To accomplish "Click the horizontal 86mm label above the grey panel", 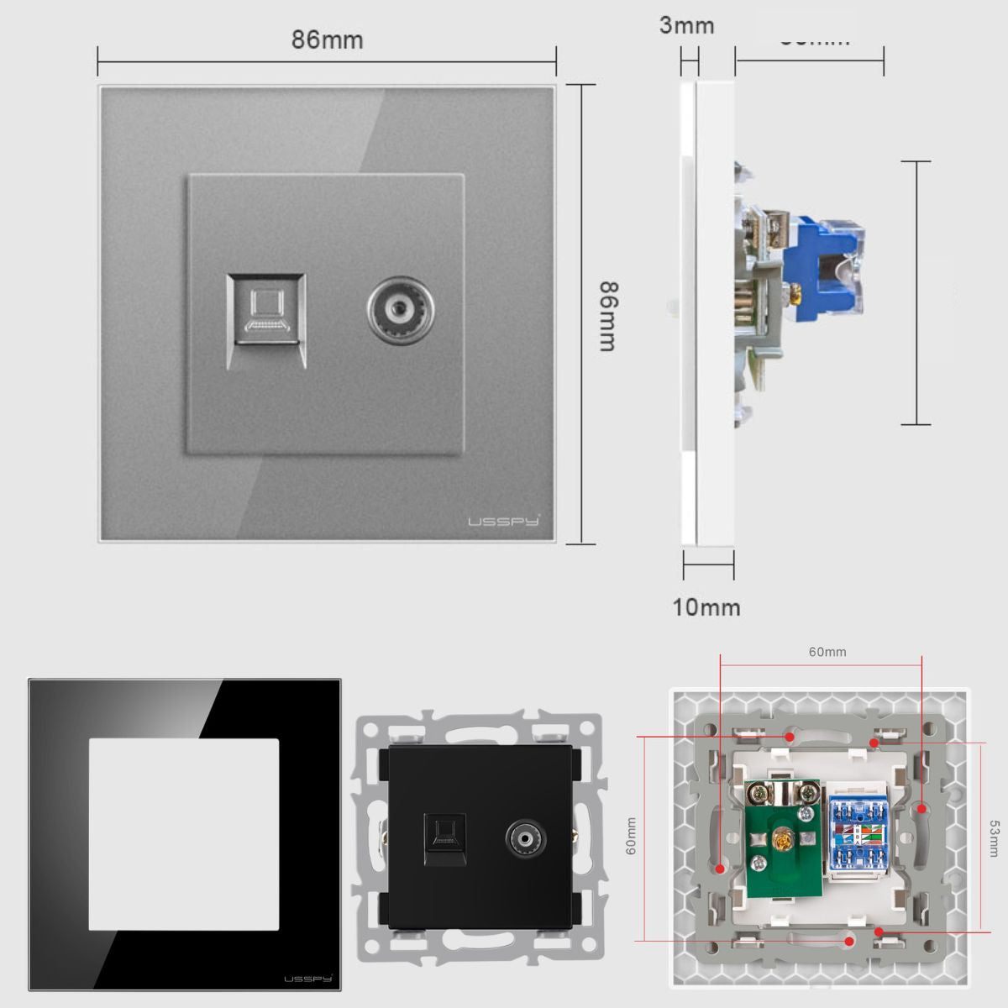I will point(328,39).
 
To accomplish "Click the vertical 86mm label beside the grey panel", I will point(609,315).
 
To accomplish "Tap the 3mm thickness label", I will point(686,25).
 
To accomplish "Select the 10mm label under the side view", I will point(706,606).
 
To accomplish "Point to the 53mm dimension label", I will point(995,838).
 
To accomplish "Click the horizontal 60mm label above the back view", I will point(827,652).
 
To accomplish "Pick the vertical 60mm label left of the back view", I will point(631,837).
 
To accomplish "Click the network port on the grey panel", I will point(265,320).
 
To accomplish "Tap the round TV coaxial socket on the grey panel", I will point(395,312).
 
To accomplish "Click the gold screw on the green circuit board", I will point(786,838).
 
